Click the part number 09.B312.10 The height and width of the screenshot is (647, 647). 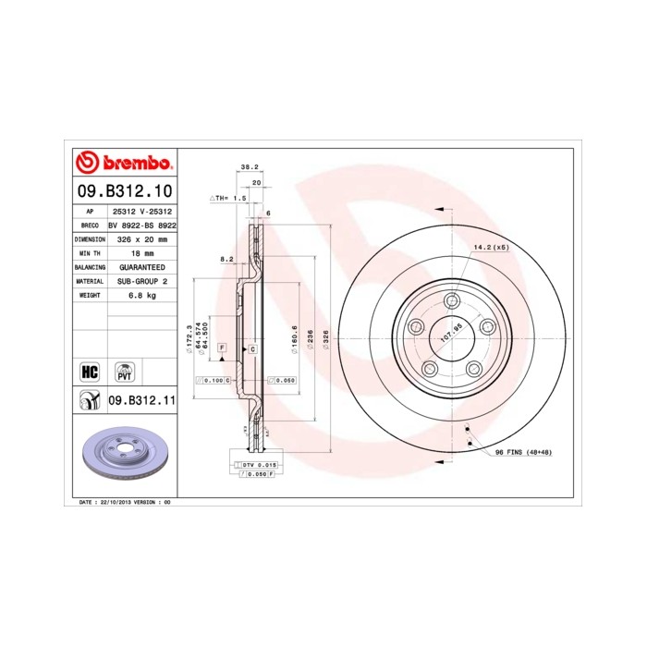click(124, 192)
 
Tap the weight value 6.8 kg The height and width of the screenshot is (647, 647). click(142, 295)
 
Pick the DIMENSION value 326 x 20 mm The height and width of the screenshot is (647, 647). click(142, 238)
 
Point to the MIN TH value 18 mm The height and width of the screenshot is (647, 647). click(142, 252)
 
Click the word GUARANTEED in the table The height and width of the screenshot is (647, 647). click(142, 266)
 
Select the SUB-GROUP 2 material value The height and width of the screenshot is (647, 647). click(142, 280)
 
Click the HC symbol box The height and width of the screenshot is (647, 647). click(90, 372)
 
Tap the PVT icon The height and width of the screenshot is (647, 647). click(124, 372)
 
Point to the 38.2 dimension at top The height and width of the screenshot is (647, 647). click(248, 167)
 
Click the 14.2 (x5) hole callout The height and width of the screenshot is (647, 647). click(491, 247)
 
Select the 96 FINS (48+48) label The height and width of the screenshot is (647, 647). click(524, 452)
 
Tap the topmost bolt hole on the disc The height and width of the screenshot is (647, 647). click(451, 300)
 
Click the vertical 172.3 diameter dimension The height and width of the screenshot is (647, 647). click(189, 338)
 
